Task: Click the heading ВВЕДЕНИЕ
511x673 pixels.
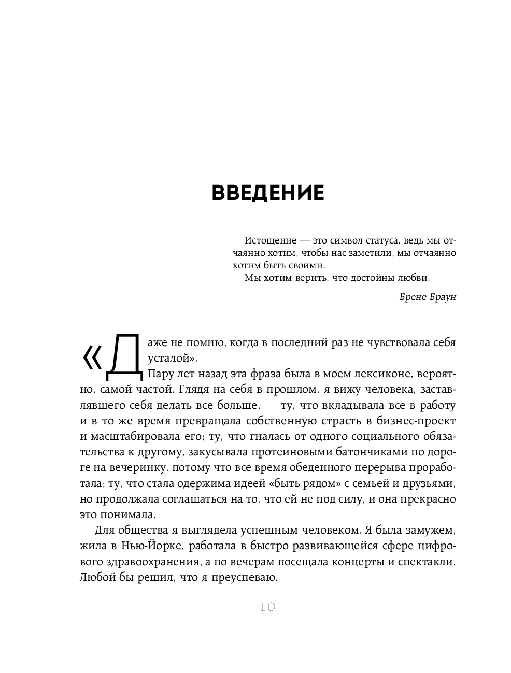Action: tap(268, 192)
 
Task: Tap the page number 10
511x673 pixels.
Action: tap(267, 607)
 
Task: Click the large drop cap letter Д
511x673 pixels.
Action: tap(124, 354)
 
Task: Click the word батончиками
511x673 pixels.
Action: tap(359, 452)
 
